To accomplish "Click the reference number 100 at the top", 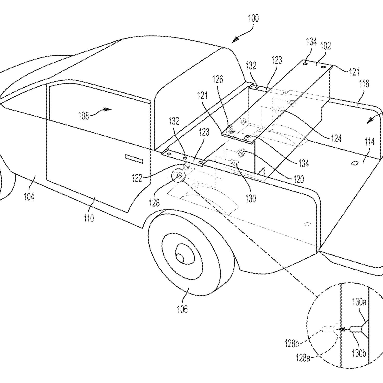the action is click(x=253, y=18).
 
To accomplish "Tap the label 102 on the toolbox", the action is click(x=325, y=46).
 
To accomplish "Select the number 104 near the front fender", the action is click(x=29, y=196).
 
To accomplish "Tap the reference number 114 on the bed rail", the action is click(x=369, y=142).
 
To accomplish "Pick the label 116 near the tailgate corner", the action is click(x=364, y=84).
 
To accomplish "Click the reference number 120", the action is click(x=298, y=179).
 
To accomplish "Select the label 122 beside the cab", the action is click(x=137, y=178).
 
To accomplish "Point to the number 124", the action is click(x=336, y=138).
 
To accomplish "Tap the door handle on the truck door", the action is click(x=134, y=159).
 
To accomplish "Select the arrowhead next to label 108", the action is click(x=107, y=109).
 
